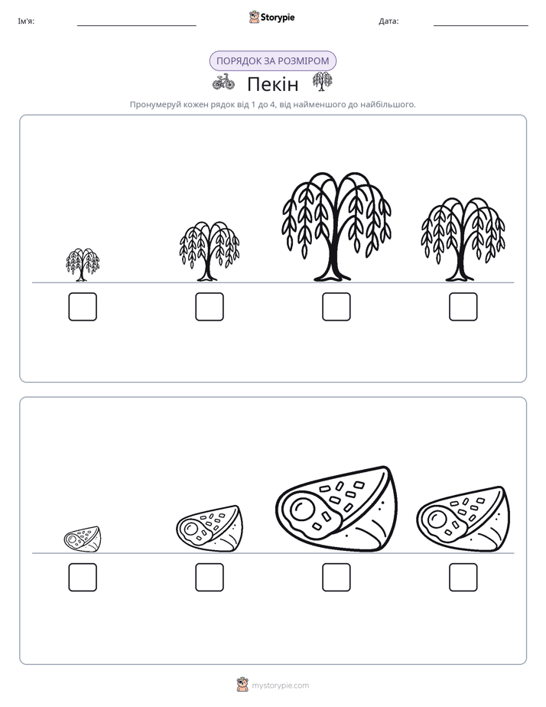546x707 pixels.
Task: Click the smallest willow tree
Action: pyautogui.click(x=83, y=265)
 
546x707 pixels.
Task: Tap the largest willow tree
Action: pyautogui.click(x=336, y=226)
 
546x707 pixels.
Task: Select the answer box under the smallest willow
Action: pyautogui.click(x=83, y=307)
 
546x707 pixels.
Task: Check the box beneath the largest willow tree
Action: pyautogui.click(x=336, y=307)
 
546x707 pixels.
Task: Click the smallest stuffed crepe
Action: pyautogui.click(x=83, y=539)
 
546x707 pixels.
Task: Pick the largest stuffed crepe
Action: pyautogui.click(x=336, y=509)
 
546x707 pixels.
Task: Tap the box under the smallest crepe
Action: pyautogui.click(x=83, y=577)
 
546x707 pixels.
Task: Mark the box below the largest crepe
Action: pyautogui.click(x=336, y=577)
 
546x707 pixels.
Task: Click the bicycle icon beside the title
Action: pyautogui.click(x=223, y=82)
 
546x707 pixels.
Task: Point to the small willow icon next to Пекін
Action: pyautogui.click(x=322, y=82)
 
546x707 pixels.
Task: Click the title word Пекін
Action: pyautogui.click(x=273, y=84)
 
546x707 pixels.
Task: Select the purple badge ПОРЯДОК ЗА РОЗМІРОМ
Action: pyautogui.click(x=273, y=61)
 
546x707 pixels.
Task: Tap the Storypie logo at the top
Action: pyautogui.click(x=272, y=17)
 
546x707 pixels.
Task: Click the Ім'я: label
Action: pyautogui.click(x=26, y=21)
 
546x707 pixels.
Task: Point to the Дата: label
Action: pyautogui.click(x=388, y=21)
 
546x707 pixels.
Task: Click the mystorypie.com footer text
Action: pyautogui.click(x=280, y=686)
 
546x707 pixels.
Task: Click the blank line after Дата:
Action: pyautogui.click(x=481, y=26)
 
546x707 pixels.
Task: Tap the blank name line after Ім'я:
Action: pyautogui.click(x=136, y=26)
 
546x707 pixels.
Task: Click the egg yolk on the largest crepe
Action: pyautogui.click(x=302, y=510)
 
